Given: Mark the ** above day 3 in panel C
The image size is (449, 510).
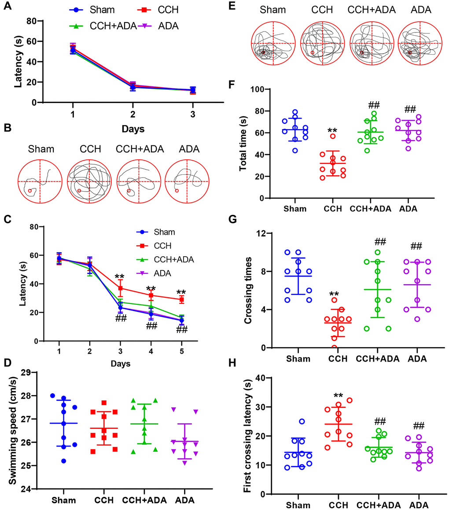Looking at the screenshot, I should (x=119, y=277).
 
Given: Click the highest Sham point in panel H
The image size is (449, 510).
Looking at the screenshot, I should (x=302, y=421).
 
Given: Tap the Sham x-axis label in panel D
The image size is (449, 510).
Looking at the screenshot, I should (x=64, y=500).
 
